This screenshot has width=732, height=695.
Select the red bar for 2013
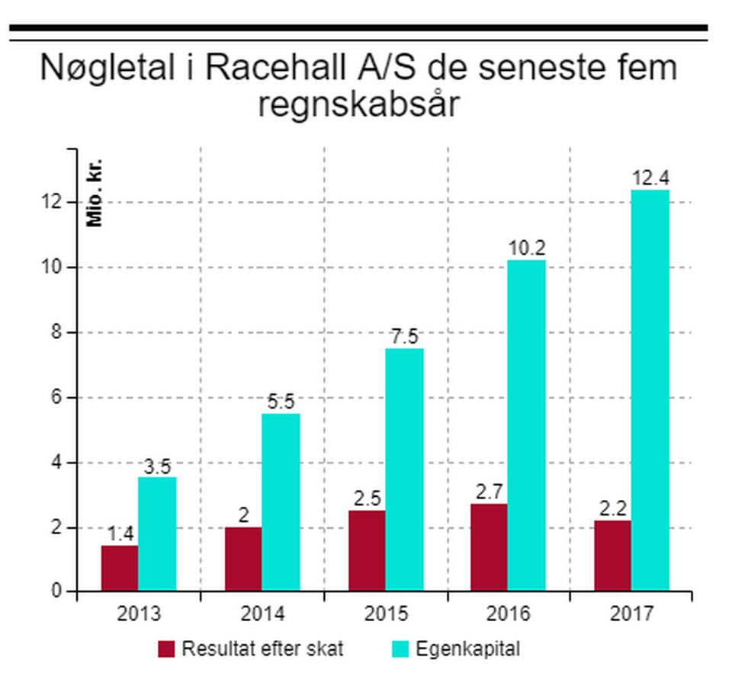coord(120,567)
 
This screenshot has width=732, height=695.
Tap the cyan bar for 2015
coord(404,469)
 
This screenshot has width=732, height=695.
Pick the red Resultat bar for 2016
coord(489,546)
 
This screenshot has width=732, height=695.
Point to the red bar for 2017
coord(612,555)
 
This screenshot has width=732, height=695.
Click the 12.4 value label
coord(650,179)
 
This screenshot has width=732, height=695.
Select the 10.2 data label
coord(527,249)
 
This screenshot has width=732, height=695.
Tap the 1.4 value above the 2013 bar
coord(120,534)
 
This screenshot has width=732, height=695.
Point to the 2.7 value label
coord(489,492)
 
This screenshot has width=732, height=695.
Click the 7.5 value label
coord(404,338)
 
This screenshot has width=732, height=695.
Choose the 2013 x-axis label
coord(139,614)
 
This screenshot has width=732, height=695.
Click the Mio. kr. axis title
coord(95,194)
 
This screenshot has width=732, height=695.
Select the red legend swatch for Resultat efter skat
coord(167,649)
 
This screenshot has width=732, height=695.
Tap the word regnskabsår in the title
coord(358,105)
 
